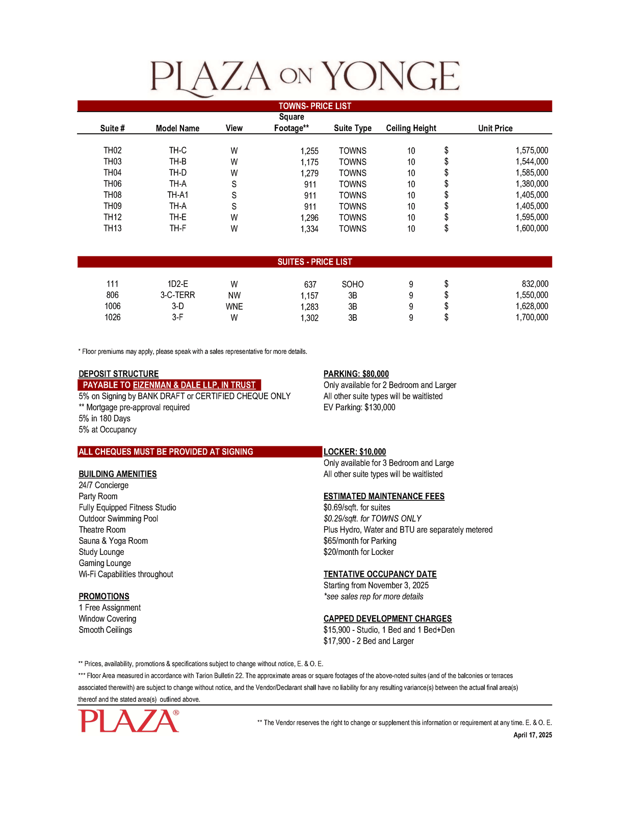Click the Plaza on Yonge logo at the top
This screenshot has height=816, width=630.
coord(305,78)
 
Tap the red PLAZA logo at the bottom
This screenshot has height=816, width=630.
coord(129,721)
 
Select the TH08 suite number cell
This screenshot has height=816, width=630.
coord(113,195)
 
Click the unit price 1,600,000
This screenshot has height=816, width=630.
coord(532,228)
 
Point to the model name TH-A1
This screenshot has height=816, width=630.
coord(177,195)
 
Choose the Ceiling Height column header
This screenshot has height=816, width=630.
coord(411,128)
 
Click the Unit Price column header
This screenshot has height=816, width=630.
coord(495,128)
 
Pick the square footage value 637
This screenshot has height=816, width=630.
coord(310,284)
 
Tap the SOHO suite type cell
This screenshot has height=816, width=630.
coord(352,284)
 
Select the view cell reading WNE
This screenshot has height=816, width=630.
coord(234,307)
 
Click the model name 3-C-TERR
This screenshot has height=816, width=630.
coord(177,295)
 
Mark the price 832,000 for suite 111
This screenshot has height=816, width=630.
coord(535,284)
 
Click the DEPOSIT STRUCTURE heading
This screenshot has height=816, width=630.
coord(118,374)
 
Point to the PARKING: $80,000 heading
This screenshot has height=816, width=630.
coord(356,374)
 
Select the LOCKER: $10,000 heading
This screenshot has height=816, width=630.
coord(354,452)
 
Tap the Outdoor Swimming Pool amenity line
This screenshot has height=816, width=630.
coord(118,519)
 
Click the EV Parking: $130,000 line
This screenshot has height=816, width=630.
coord(359,407)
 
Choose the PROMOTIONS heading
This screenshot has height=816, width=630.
coord(104,597)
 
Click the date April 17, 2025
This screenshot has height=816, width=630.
coord(532,735)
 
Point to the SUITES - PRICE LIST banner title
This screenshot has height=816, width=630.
coord(314,262)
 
